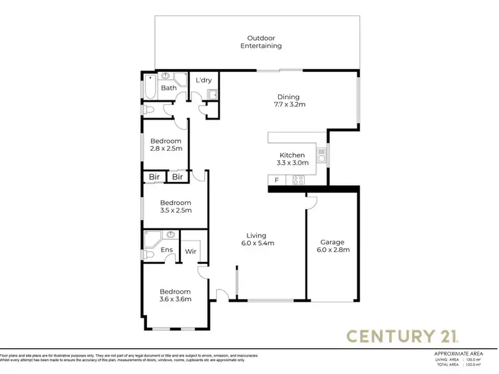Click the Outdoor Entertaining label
click(261, 42)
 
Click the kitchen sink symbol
click(321, 156)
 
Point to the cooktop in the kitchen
click(297, 179)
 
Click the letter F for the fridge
click(276, 180)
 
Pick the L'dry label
click(203, 81)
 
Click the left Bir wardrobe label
click(154, 177)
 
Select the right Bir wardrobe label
click(178, 177)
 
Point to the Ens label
click(168, 250)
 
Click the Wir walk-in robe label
click(190, 252)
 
